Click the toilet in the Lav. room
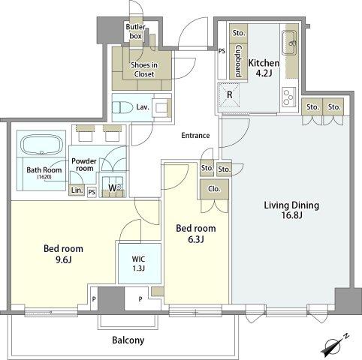point(122,108)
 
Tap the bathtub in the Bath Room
point(41,145)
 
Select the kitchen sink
point(289,43)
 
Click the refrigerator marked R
point(229,95)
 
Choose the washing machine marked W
point(113,187)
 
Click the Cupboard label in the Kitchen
point(239,61)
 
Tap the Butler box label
point(135,31)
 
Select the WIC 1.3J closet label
point(139,263)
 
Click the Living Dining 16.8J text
point(291,210)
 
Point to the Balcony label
point(128,340)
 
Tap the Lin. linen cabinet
point(77,190)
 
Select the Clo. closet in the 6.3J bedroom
point(214,189)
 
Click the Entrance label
point(195,136)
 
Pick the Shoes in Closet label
point(144,70)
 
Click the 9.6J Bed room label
point(63,254)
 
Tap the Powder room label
point(84,164)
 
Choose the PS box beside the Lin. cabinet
point(92,192)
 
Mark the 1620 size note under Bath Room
point(44,177)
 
